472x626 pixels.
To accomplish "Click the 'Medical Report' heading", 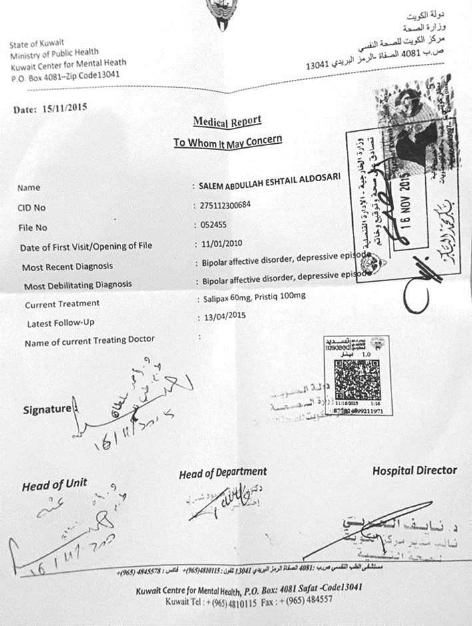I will pyautogui.click(x=227, y=121).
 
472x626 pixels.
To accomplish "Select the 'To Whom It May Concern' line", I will pyautogui.click(x=228, y=141).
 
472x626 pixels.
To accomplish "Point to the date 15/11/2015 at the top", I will pyautogui.click(x=51, y=108).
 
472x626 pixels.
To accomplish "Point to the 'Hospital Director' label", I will pyautogui.click(x=414, y=470).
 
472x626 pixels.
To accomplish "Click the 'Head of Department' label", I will pyautogui.click(x=223, y=473).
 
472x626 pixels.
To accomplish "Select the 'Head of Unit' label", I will pyautogui.click(x=54, y=485).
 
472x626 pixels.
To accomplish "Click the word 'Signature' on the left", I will pyautogui.click(x=47, y=408).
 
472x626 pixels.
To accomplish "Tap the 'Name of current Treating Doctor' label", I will pyautogui.click(x=89, y=341).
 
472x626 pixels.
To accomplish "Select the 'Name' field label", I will pyautogui.click(x=29, y=188).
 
